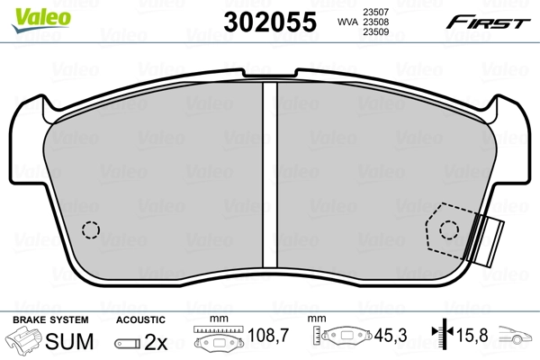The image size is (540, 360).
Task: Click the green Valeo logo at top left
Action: (29, 11)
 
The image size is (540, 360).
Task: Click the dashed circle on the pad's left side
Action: (89, 229)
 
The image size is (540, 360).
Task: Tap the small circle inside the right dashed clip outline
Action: (448, 230)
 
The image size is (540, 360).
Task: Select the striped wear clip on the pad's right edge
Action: (490, 238)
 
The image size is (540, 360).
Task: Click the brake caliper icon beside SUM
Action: (25, 341)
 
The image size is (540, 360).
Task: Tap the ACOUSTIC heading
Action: (141, 319)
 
